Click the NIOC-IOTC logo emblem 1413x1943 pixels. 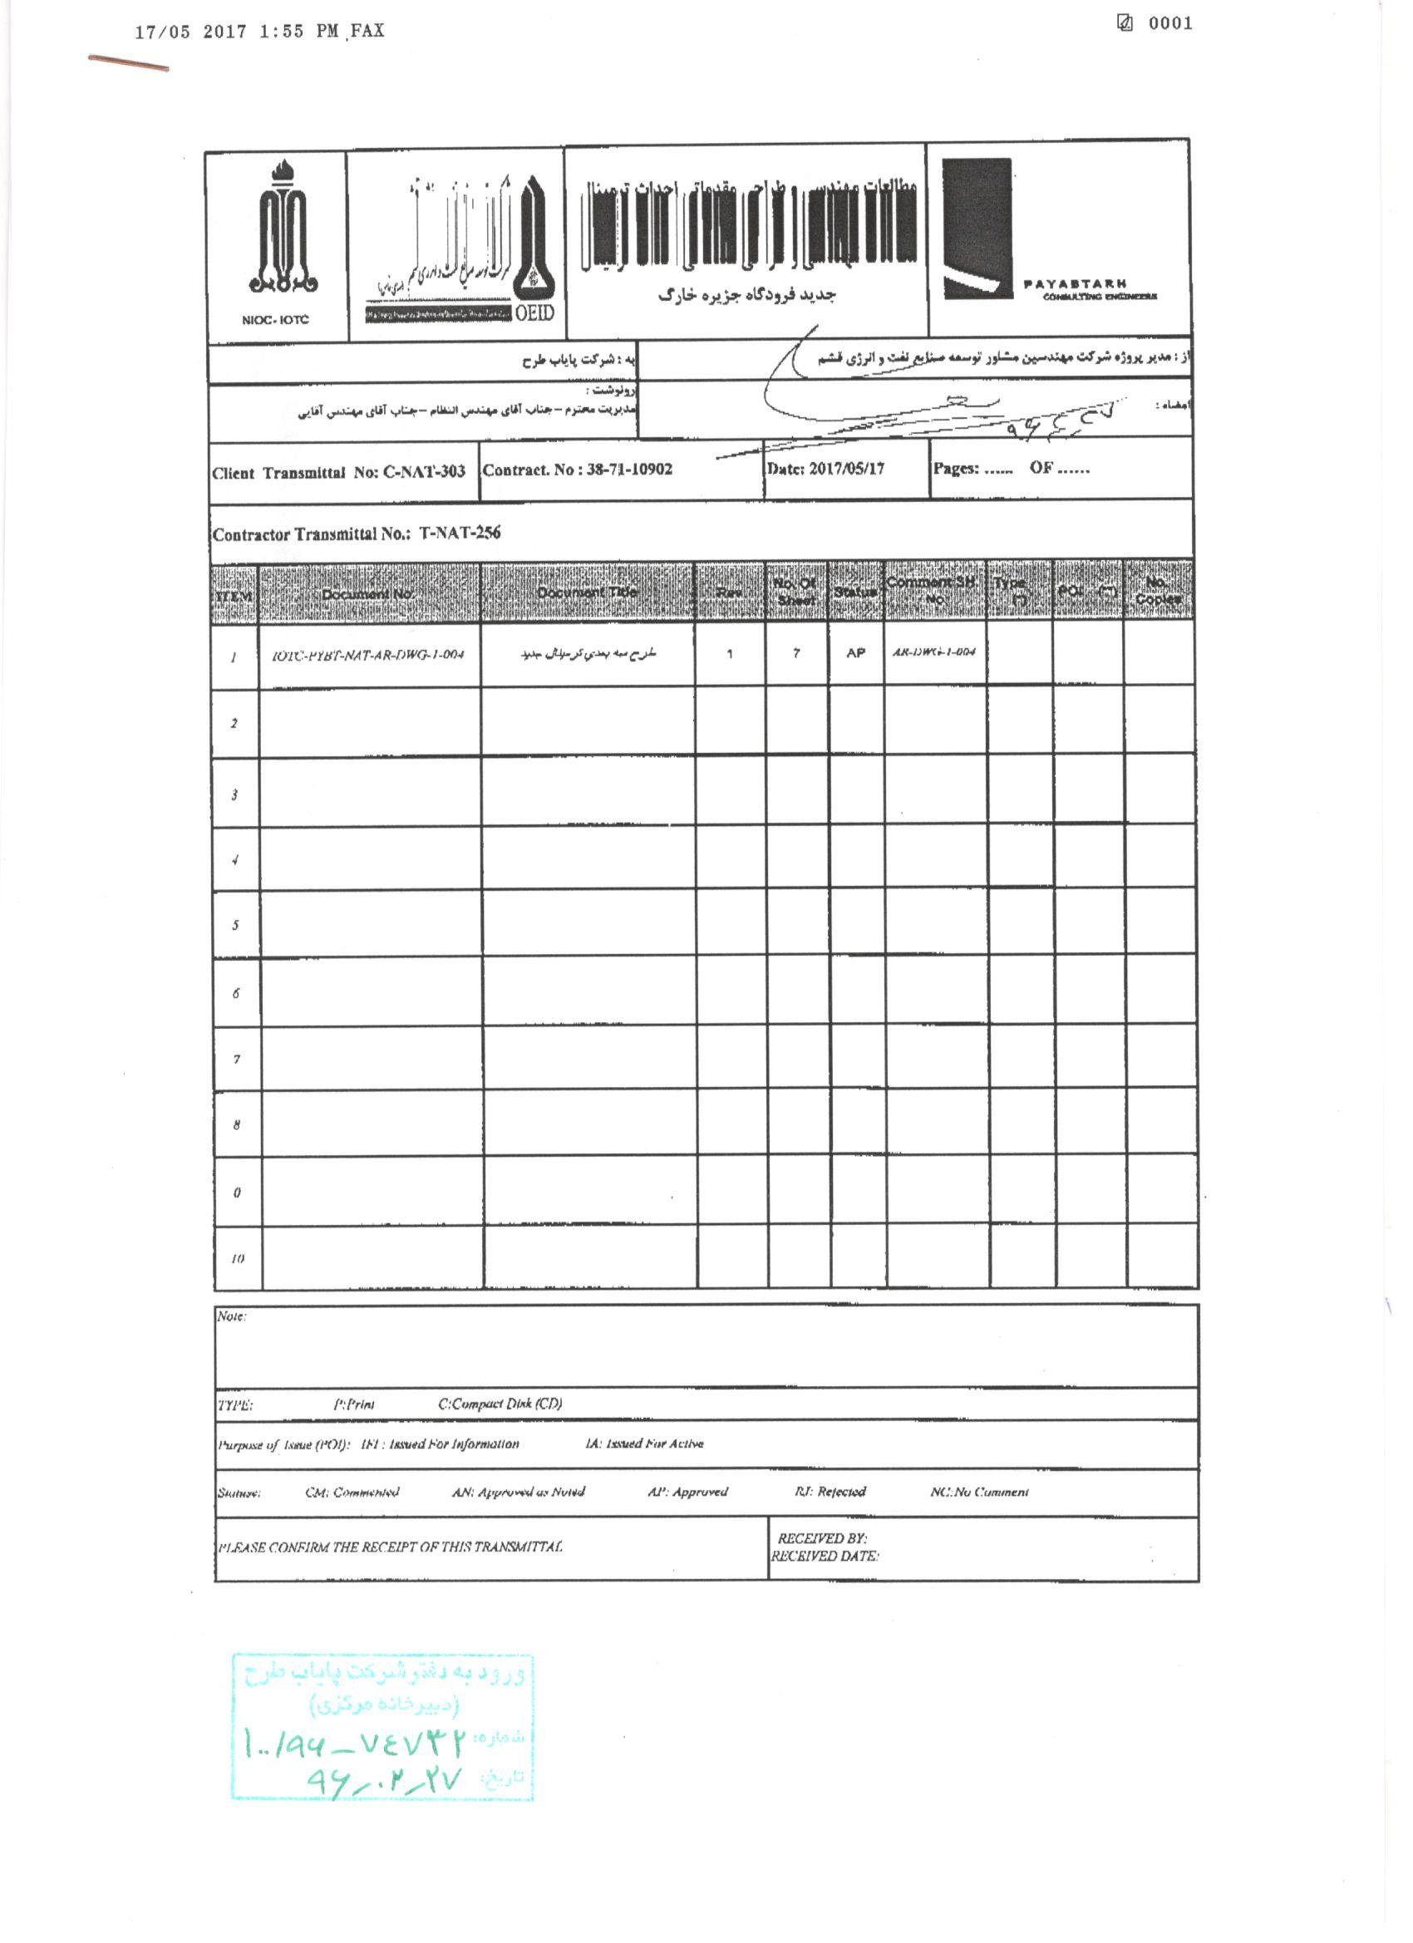click(x=283, y=226)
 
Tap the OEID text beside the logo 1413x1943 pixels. click(x=534, y=312)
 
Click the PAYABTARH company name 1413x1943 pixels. click(x=1075, y=284)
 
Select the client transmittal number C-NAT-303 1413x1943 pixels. click(x=424, y=472)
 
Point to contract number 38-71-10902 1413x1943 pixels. click(x=629, y=470)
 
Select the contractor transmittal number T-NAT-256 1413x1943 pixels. click(x=460, y=533)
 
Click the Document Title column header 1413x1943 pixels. click(x=587, y=592)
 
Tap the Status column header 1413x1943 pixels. click(x=855, y=592)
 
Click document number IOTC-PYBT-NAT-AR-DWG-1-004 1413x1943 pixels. click(x=367, y=656)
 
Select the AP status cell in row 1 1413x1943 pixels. click(x=855, y=653)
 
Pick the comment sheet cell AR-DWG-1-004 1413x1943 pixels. click(x=934, y=652)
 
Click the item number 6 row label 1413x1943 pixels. click(x=236, y=994)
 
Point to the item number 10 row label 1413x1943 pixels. click(x=238, y=1258)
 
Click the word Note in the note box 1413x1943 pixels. click(x=230, y=1316)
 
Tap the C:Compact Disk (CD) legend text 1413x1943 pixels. click(x=500, y=1404)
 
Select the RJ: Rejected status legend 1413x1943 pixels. click(x=830, y=1492)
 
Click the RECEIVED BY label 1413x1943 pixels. click(x=822, y=1538)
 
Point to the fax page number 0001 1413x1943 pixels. click(x=1170, y=24)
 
